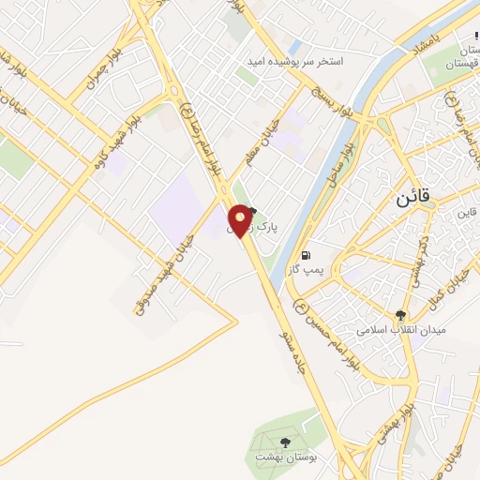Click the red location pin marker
tap(241, 220)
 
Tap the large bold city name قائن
tap(410, 199)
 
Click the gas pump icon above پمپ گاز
tap(306, 255)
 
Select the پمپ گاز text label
tap(306, 269)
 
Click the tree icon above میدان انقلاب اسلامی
tap(401, 316)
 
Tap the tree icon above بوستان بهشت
tap(286, 442)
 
